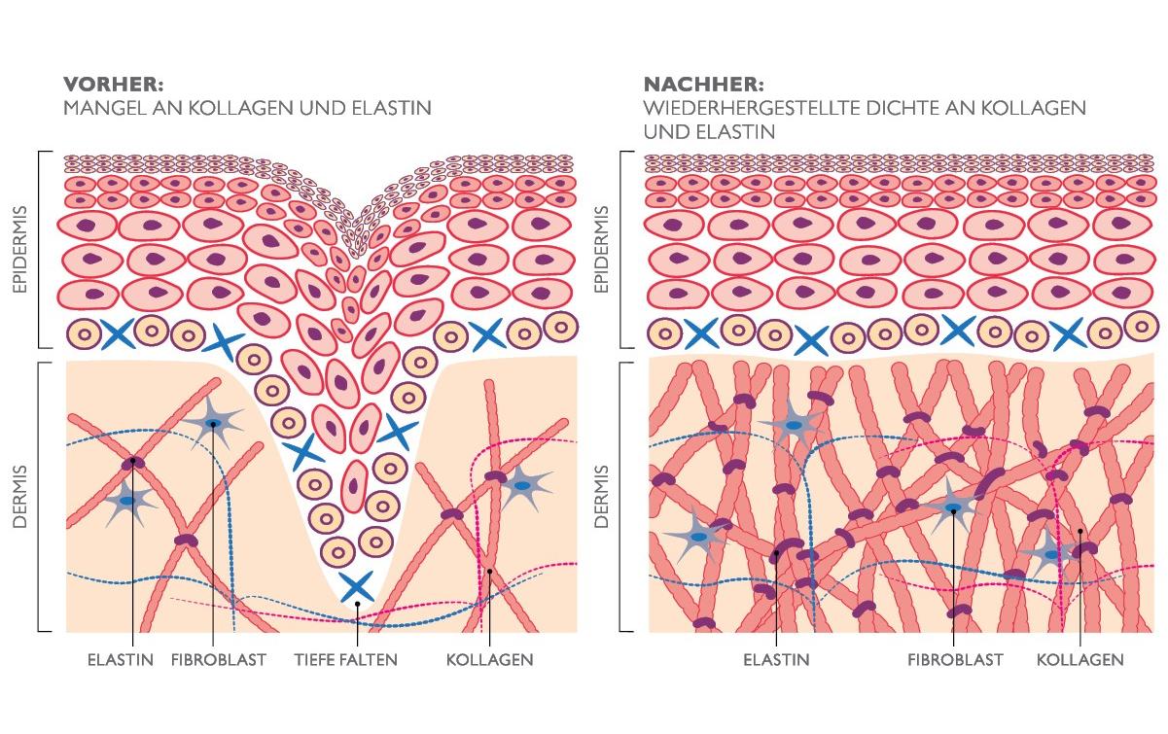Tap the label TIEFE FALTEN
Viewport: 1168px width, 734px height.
[345, 660]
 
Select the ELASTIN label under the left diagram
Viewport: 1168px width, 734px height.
[121, 660]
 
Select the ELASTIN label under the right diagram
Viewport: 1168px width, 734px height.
[776, 660]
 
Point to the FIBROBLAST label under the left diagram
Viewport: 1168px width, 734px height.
[218, 660]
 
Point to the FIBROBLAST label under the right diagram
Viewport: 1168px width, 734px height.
[955, 660]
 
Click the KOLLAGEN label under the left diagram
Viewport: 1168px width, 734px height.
[489, 660]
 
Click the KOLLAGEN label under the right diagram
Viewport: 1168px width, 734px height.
[1080, 660]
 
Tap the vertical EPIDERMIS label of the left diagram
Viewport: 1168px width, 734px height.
[21, 249]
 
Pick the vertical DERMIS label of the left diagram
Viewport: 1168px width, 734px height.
[21, 496]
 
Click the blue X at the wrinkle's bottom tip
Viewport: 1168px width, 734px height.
[356, 585]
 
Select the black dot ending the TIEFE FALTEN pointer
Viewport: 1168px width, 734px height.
[357, 604]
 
